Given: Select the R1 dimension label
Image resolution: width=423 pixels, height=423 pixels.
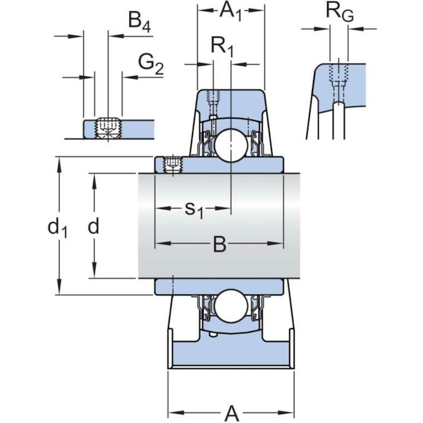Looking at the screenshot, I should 222,47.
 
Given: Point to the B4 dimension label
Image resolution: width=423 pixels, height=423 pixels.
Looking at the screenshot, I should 139,20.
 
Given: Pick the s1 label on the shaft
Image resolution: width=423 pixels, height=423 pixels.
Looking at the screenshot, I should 194,209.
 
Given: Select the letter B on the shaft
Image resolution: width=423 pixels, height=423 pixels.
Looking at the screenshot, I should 219,244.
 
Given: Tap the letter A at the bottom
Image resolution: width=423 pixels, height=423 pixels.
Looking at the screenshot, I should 232,413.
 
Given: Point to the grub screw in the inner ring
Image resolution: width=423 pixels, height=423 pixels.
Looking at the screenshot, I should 172,164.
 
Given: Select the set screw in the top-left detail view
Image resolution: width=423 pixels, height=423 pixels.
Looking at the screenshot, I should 108,128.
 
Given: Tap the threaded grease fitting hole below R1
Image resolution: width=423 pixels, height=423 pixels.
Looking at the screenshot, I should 213,97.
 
